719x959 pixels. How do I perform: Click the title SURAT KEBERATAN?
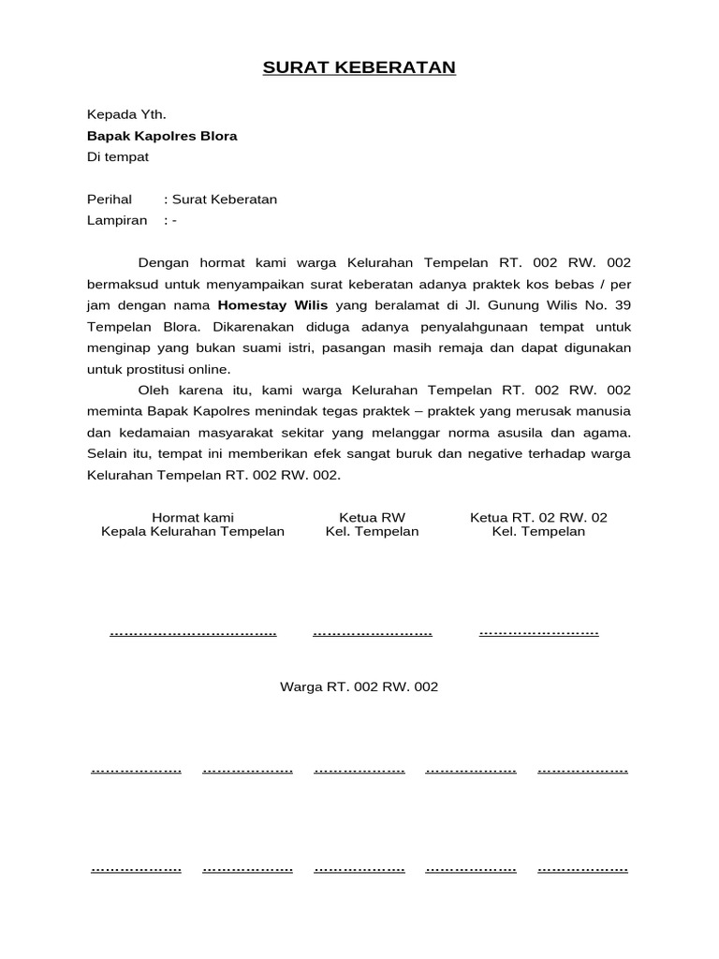click(x=359, y=67)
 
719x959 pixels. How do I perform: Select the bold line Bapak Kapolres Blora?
click(x=162, y=136)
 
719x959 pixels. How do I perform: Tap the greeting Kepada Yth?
click(x=126, y=115)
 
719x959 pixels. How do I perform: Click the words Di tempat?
click(x=118, y=156)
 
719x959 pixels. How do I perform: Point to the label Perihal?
click(x=110, y=199)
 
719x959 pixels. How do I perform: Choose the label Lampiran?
click(x=117, y=220)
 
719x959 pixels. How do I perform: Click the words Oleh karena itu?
click(x=192, y=391)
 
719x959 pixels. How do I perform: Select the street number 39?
click(x=623, y=304)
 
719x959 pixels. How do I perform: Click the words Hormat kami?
click(x=193, y=517)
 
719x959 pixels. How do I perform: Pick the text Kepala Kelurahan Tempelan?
click(x=193, y=532)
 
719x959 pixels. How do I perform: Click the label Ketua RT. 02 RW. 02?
click(x=538, y=517)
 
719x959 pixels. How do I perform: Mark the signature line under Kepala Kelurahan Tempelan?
click(x=193, y=634)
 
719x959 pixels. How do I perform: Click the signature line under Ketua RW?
click(x=372, y=634)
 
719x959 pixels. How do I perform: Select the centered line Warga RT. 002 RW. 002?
click(x=359, y=686)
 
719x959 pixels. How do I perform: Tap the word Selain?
click(x=109, y=454)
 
